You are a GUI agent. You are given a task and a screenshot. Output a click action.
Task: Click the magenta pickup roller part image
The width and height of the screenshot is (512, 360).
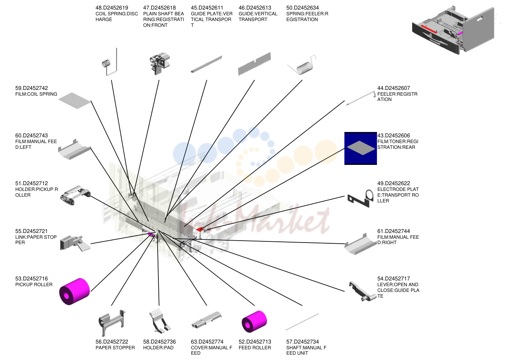[x=75, y=292]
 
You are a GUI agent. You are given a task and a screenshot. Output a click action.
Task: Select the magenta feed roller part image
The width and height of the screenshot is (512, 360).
[x=254, y=322]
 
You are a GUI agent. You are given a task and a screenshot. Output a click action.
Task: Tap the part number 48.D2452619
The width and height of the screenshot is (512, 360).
[x=112, y=8]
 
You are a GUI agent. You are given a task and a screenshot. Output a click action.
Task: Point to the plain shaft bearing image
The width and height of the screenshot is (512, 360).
[x=160, y=63]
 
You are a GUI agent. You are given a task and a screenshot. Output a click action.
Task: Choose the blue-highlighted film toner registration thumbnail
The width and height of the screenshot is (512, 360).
[x=361, y=148]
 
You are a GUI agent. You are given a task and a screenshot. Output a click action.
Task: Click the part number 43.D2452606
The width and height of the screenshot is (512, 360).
[x=394, y=135]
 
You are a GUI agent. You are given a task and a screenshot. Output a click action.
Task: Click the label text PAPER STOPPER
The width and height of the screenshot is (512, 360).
[x=115, y=348]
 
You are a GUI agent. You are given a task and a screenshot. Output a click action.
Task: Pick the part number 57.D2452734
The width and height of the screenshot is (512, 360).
[x=302, y=342]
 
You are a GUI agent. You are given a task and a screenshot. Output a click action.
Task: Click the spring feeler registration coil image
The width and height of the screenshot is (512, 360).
[x=302, y=65]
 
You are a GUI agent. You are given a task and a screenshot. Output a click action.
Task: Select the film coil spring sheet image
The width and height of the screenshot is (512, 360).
[x=75, y=101]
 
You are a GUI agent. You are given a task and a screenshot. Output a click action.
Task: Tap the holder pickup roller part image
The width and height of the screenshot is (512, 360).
[x=75, y=195]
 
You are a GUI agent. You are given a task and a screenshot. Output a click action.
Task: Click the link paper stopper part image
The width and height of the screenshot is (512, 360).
[x=75, y=243]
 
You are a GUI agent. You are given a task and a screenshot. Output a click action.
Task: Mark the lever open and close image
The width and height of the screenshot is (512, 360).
[x=362, y=291]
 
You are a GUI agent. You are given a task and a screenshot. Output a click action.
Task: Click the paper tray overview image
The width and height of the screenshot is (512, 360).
[x=455, y=30]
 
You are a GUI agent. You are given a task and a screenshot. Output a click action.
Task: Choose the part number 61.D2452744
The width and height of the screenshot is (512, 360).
[x=394, y=231]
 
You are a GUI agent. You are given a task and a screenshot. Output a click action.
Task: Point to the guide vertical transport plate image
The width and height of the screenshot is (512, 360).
[x=254, y=64]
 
